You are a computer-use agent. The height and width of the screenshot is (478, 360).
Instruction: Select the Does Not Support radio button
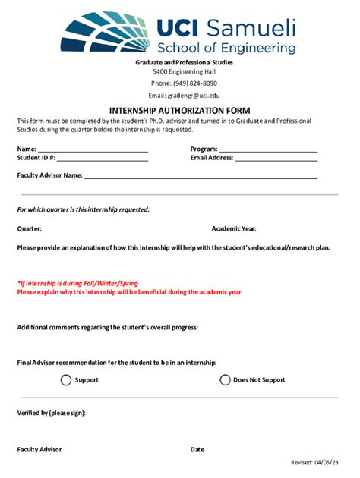226,380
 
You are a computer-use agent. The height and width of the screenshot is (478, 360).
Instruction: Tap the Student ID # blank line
103,160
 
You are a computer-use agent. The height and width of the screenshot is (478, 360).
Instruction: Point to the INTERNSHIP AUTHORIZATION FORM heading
179,110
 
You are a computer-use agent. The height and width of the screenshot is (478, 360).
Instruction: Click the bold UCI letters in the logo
179,28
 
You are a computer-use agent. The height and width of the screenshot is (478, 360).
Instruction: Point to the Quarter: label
30,228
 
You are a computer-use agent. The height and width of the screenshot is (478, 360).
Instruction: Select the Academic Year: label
234,228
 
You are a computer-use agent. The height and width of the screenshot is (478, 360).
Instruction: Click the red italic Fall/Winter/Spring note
77,283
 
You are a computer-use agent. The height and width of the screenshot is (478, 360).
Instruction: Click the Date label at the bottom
197,449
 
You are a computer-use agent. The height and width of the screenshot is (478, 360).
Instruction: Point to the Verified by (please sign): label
51,413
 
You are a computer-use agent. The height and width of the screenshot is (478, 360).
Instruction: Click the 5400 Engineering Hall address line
185,72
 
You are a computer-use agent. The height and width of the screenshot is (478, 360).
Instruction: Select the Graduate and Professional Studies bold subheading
185,62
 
